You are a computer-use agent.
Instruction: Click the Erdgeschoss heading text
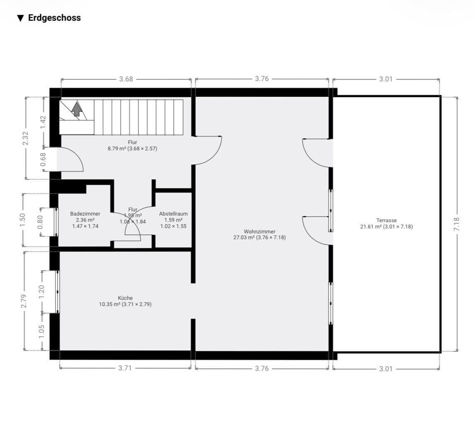pos(54,18)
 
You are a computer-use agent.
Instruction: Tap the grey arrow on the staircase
pos(76,109)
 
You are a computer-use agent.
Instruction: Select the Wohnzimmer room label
pos(260,232)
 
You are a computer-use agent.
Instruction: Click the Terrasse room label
pos(387,220)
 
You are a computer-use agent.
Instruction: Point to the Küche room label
pos(125,298)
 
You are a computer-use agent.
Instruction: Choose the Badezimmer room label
pos(85,214)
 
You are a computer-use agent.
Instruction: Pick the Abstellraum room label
pos(173,214)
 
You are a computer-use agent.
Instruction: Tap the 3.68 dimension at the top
pos(126,79)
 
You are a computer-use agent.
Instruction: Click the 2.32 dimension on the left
pos(26,138)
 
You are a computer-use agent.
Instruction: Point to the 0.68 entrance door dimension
pos(43,159)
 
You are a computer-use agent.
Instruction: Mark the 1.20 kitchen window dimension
pos(41,292)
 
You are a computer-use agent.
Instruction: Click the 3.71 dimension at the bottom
pos(125,368)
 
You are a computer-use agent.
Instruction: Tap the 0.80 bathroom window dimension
pos(40,222)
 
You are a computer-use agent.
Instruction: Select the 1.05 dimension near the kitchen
pos(41,331)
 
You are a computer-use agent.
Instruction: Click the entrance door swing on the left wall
pos(71,159)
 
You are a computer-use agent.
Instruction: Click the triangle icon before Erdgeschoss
pos(20,18)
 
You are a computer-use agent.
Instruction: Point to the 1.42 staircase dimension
pos(43,122)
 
